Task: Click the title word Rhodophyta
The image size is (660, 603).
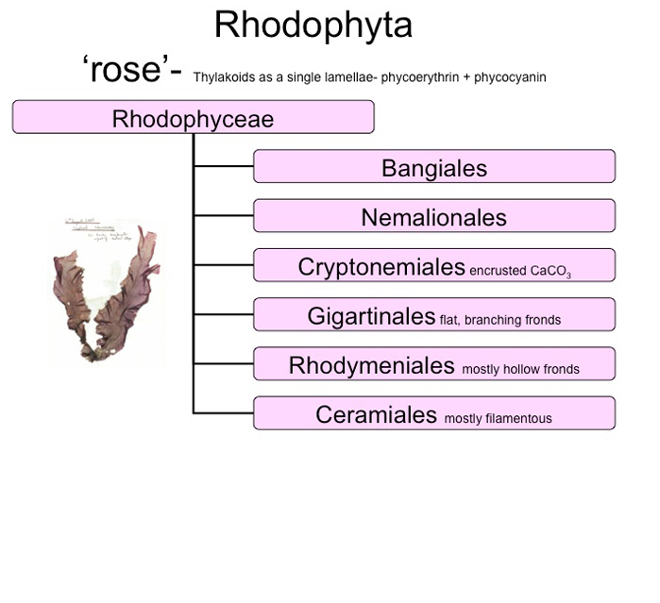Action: click(x=313, y=25)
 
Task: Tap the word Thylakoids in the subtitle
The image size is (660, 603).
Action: click(x=223, y=76)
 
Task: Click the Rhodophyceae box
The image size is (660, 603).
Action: click(x=193, y=117)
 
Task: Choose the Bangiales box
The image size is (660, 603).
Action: click(x=434, y=167)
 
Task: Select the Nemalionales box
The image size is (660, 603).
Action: click(x=434, y=217)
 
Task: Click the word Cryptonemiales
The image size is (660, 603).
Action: click(x=381, y=266)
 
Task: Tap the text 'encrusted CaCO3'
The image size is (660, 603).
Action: click(x=520, y=271)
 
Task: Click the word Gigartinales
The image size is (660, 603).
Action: click(x=371, y=315)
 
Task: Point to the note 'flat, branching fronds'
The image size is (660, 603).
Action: click(x=500, y=320)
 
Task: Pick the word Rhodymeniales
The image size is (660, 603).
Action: click(x=372, y=364)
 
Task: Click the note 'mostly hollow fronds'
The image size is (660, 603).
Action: click(x=520, y=369)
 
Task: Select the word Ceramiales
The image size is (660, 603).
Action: click(x=377, y=413)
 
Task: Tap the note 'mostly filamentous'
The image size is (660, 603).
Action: click(x=498, y=418)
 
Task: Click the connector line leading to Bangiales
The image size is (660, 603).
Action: click(x=223, y=167)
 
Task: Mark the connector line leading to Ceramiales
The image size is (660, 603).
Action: click(x=223, y=412)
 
